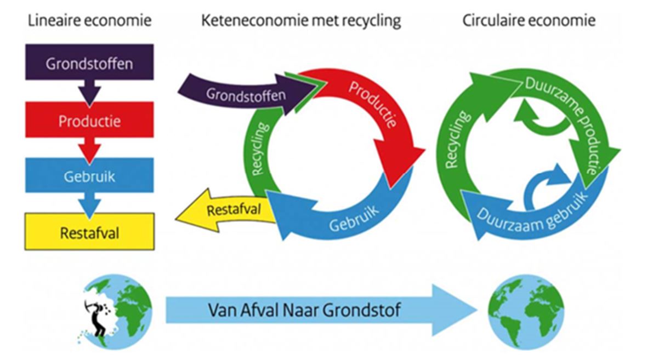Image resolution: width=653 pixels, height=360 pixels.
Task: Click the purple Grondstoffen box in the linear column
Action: (x=89, y=64)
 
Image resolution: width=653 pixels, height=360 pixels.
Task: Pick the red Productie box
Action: (x=89, y=120)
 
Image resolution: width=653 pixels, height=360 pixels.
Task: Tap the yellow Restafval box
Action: (x=89, y=231)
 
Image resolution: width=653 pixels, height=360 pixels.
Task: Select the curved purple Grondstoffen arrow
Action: (x=241, y=93)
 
